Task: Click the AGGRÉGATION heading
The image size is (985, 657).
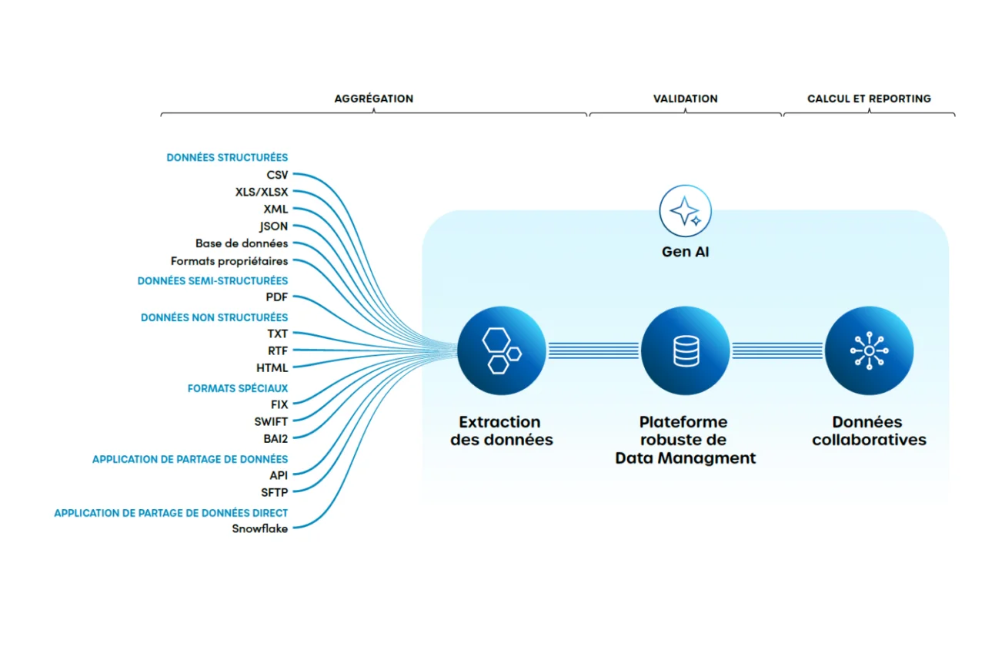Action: (373, 99)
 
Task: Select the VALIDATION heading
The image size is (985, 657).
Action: (685, 99)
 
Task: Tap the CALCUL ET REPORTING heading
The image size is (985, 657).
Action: (869, 99)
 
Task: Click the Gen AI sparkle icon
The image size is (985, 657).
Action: (685, 210)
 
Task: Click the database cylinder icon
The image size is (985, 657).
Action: (685, 350)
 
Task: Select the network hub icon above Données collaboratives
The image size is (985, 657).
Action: (869, 350)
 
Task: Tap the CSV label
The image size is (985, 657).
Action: (277, 175)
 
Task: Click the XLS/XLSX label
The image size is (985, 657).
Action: (262, 192)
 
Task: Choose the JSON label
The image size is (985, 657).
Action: (274, 226)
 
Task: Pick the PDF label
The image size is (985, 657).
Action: (277, 297)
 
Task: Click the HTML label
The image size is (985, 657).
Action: (272, 368)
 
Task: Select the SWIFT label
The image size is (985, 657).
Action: (271, 421)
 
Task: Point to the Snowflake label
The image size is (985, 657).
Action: (260, 528)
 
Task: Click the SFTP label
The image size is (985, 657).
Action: (274, 492)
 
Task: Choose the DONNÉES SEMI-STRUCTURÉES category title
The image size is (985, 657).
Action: (212, 281)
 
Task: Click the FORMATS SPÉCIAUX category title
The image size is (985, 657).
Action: (238, 389)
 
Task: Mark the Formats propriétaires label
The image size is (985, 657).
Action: (229, 261)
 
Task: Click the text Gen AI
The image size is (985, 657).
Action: (685, 252)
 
